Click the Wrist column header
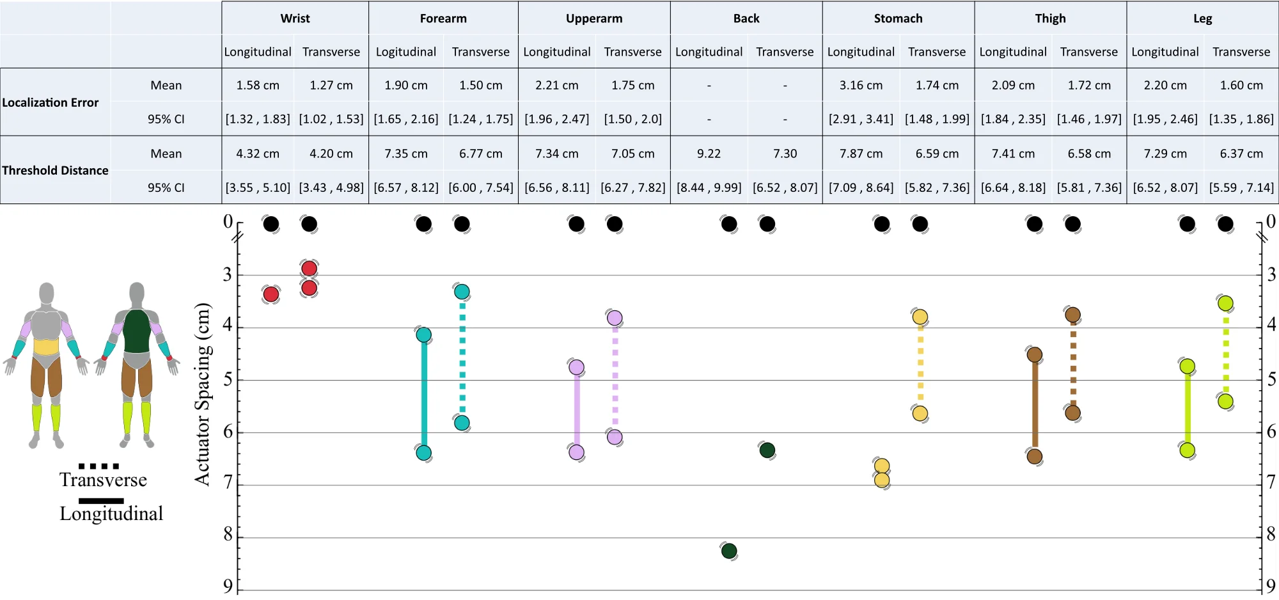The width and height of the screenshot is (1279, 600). click(x=295, y=19)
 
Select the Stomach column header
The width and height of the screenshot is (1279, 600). click(x=898, y=19)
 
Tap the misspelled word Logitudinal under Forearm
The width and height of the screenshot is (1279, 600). click(x=405, y=52)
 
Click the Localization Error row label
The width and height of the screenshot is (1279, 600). click(x=51, y=102)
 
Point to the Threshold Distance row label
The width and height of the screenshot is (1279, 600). click(x=55, y=170)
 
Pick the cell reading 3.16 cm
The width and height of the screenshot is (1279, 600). click(x=861, y=85)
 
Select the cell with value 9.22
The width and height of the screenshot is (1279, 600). click(x=709, y=154)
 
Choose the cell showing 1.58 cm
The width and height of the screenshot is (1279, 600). click(x=258, y=85)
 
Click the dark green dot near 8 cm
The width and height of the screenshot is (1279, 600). click(x=729, y=551)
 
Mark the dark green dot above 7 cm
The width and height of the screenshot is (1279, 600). click(x=767, y=450)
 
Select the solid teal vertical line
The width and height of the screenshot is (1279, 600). click(x=424, y=393)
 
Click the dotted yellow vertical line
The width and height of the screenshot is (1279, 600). click(x=920, y=365)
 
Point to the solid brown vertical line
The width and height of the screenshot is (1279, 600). click(x=1035, y=406)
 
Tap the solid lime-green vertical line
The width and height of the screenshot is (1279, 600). click(x=1188, y=408)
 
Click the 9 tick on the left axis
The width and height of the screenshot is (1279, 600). click(x=228, y=586)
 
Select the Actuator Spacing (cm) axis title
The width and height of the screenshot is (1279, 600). click(x=203, y=394)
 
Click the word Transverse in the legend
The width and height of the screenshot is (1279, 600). click(x=103, y=480)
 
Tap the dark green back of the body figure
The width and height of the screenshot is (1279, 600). click(x=136, y=331)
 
